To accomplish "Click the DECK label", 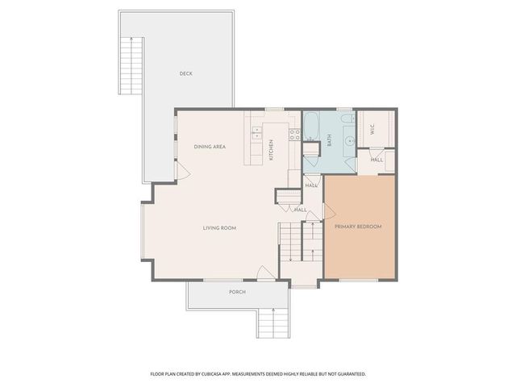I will click(186, 74).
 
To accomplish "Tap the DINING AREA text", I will click(209, 147).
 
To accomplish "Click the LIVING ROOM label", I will click(219, 228).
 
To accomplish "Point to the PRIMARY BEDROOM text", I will click(358, 227).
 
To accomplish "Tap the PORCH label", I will click(237, 292).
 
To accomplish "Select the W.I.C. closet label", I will click(372, 129).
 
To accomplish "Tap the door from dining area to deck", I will click(182, 170).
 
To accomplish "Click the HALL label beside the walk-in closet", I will click(377, 160).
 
